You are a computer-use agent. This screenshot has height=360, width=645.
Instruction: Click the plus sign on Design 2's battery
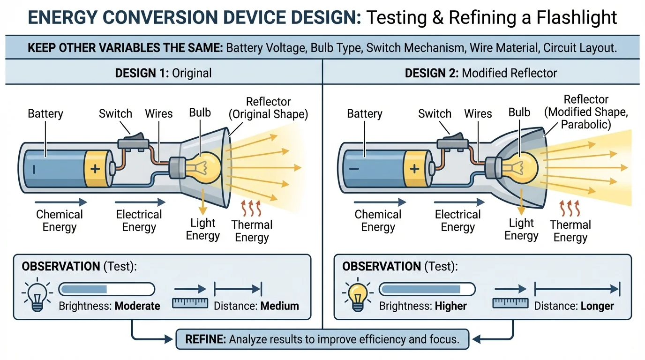(414, 169)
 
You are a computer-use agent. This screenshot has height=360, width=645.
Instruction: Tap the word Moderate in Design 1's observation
(137, 306)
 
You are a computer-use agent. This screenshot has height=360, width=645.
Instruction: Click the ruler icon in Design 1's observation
(190, 303)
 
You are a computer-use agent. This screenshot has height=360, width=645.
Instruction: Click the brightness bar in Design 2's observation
(427, 289)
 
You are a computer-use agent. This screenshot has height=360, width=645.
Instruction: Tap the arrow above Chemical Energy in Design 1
(61, 202)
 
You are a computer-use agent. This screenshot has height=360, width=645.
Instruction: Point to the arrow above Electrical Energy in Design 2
(459, 202)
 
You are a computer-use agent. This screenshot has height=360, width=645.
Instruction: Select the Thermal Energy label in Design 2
(570, 231)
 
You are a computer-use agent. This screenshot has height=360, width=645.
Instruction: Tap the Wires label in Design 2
(478, 113)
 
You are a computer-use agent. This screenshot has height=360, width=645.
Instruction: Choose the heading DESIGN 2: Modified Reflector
(480, 73)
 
